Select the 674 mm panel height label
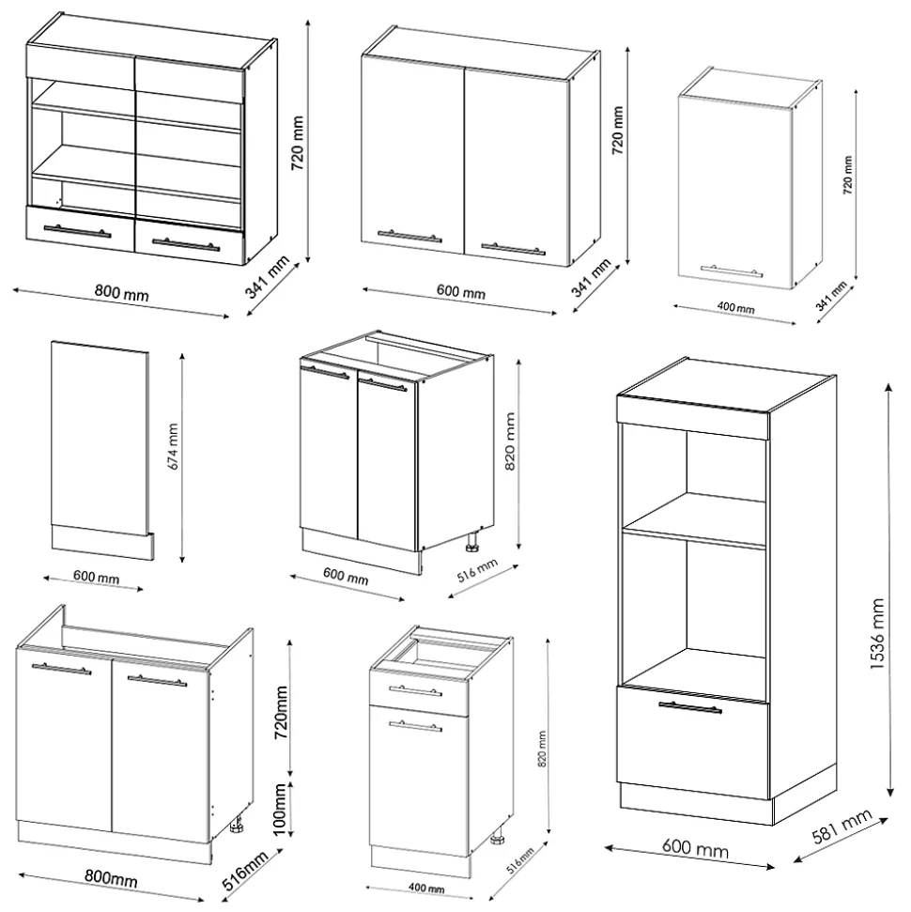point(173,453)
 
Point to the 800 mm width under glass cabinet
point(122,294)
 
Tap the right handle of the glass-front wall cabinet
point(185,244)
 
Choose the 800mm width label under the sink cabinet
point(111,880)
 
